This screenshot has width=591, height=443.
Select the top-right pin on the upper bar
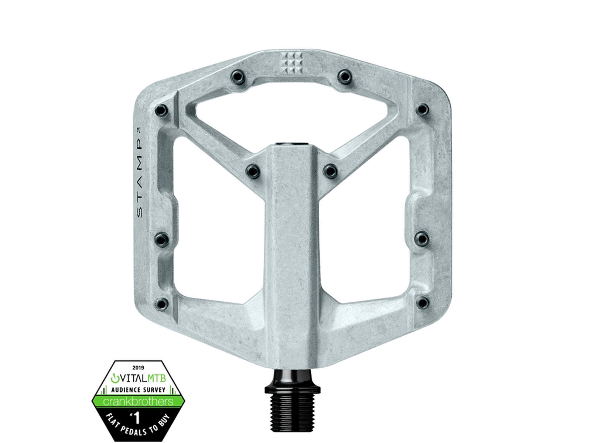344,76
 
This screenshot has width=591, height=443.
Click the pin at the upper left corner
161,110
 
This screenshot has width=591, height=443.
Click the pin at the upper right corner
422,109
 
